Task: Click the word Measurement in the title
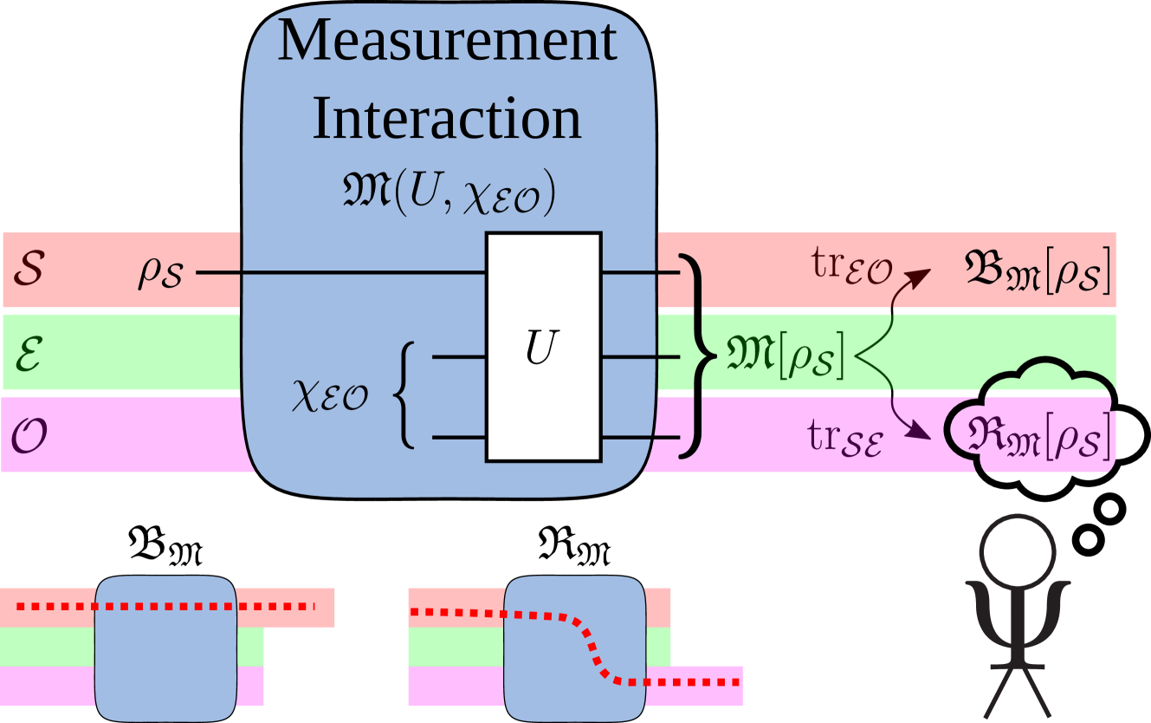447,41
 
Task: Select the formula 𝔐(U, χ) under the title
447,196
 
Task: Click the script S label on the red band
27,271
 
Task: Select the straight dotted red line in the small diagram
165,607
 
